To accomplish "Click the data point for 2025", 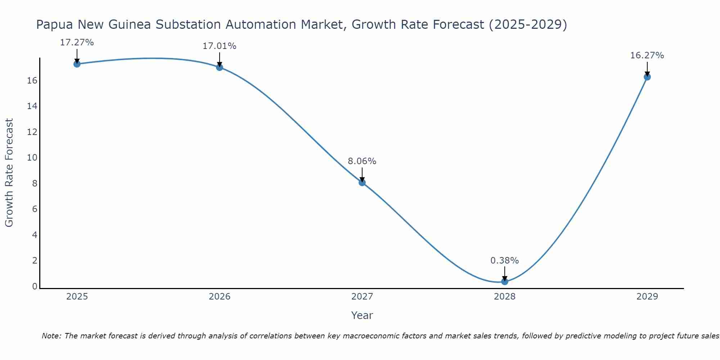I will [77, 64].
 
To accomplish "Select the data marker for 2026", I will [220, 67].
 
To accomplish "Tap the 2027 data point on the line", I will [362, 183].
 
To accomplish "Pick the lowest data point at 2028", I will [505, 282].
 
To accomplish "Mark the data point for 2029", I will [647, 77].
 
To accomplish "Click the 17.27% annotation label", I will [77, 42].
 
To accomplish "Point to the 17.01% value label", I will [219, 46].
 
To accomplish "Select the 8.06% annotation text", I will [362, 161].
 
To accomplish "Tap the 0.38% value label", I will [504, 261].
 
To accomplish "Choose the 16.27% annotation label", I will [647, 55].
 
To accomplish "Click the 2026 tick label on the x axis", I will [220, 297].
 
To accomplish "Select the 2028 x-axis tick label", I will [505, 297].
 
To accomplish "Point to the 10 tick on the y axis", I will [32, 158].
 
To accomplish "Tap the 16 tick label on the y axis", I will [32, 80].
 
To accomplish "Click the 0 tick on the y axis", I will [35, 287].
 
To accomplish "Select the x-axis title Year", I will [362, 315].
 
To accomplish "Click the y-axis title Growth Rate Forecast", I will [9, 172].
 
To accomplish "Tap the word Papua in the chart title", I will [54, 25].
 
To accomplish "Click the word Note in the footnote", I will [52, 336].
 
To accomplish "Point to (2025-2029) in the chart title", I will [528, 25].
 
